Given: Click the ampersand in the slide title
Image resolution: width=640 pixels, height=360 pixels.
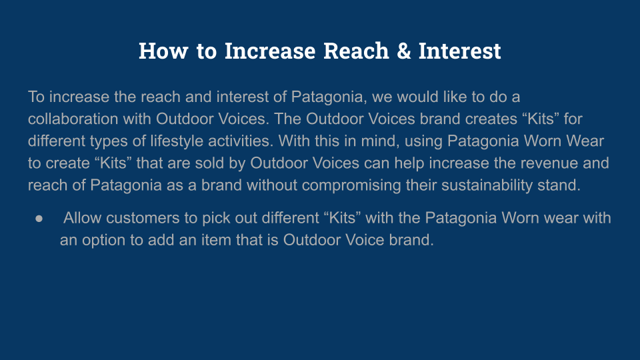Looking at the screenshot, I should (404, 51).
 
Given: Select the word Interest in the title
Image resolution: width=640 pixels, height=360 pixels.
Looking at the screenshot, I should (460, 51).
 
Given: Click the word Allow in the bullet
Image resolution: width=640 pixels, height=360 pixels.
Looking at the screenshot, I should (83, 218).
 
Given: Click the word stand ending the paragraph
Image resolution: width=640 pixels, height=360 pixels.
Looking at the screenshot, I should (561, 185).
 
